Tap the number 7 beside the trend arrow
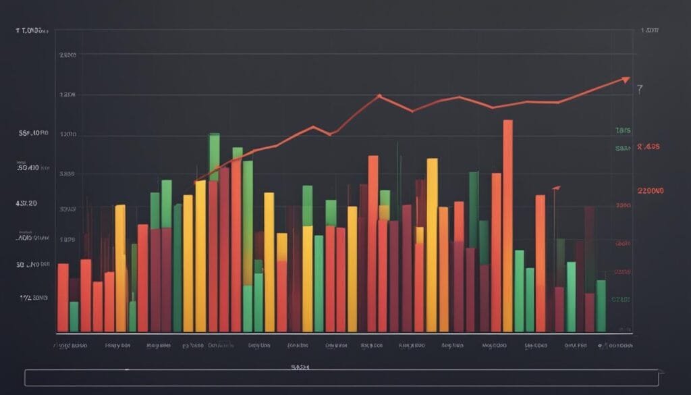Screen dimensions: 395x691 click(640, 89)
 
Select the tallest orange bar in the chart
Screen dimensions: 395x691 click(507, 223)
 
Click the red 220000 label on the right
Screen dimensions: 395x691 click(651, 191)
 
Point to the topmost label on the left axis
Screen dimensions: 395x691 click(32, 30)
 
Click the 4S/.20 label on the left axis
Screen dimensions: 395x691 click(26, 203)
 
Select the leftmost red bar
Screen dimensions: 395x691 click(63, 297)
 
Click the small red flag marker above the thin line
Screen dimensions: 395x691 click(556, 187)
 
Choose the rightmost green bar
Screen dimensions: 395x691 click(601, 305)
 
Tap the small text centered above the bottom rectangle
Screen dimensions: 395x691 click(300, 366)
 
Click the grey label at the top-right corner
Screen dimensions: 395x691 click(650, 30)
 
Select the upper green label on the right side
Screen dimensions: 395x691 click(623, 130)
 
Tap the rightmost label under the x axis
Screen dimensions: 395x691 click(617, 345)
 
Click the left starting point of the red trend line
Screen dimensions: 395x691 click(195, 182)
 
